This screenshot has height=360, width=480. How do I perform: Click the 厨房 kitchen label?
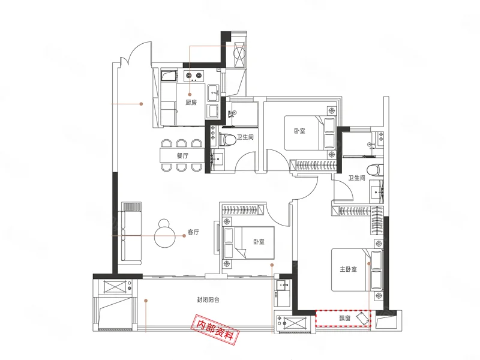coord(191,102)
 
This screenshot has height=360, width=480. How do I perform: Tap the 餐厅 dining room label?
coord(182,155)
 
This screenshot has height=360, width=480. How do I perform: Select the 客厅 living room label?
coord(193,232)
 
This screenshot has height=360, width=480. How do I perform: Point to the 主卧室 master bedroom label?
coord(348,269)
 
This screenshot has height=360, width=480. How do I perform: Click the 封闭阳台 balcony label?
coord(208,300)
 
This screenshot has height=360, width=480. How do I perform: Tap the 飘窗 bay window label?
coord(344,319)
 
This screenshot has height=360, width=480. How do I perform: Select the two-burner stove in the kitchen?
coord(194,76)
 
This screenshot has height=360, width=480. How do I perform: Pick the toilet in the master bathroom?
coord(375,170)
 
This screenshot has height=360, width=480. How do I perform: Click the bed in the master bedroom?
coord(356,269)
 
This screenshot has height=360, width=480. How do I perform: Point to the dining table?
coord(182,155)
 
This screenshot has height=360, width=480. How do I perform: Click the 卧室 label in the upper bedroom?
coord(299,131)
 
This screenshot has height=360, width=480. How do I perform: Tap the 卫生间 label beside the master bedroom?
coord(356,178)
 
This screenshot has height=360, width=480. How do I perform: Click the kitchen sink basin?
coord(213,92)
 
